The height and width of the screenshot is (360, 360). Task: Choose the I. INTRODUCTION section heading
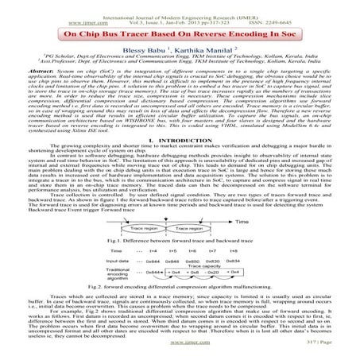[180, 141]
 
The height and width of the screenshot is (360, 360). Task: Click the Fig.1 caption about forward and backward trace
[180, 240]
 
